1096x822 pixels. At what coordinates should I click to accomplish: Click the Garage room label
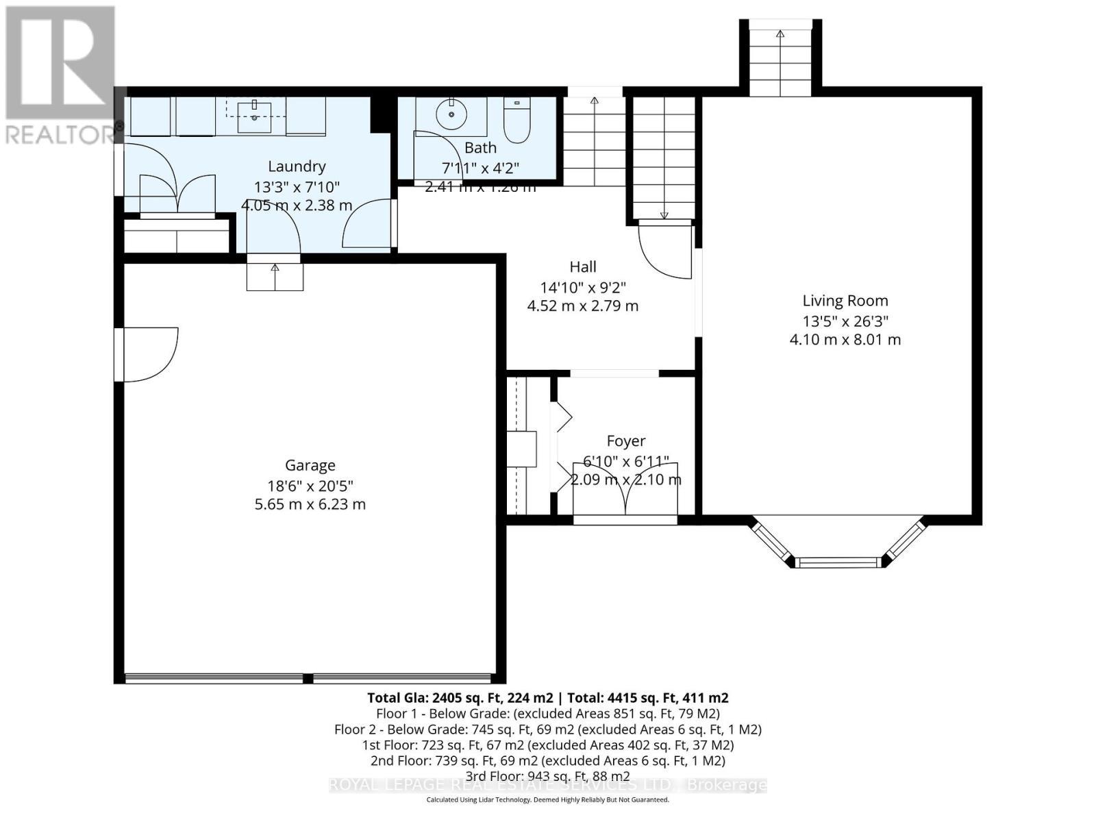(310, 465)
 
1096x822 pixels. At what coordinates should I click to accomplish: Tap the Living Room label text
(845, 300)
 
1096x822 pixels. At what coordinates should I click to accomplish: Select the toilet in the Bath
(516, 121)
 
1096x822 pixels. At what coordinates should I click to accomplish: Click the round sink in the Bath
(451, 114)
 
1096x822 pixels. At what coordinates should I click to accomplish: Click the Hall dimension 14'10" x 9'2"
(582, 287)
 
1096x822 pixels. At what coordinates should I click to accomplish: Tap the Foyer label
(625, 441)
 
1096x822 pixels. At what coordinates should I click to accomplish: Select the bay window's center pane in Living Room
(838, 563)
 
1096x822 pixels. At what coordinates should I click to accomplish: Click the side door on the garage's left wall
(149, 354)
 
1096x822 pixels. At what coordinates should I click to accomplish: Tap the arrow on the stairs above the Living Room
(780, 34)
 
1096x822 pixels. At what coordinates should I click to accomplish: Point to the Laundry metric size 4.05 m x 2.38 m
(296, 205)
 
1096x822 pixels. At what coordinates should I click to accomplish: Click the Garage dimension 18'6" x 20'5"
(310, 486)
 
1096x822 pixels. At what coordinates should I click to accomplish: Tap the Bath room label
(480, 147)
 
